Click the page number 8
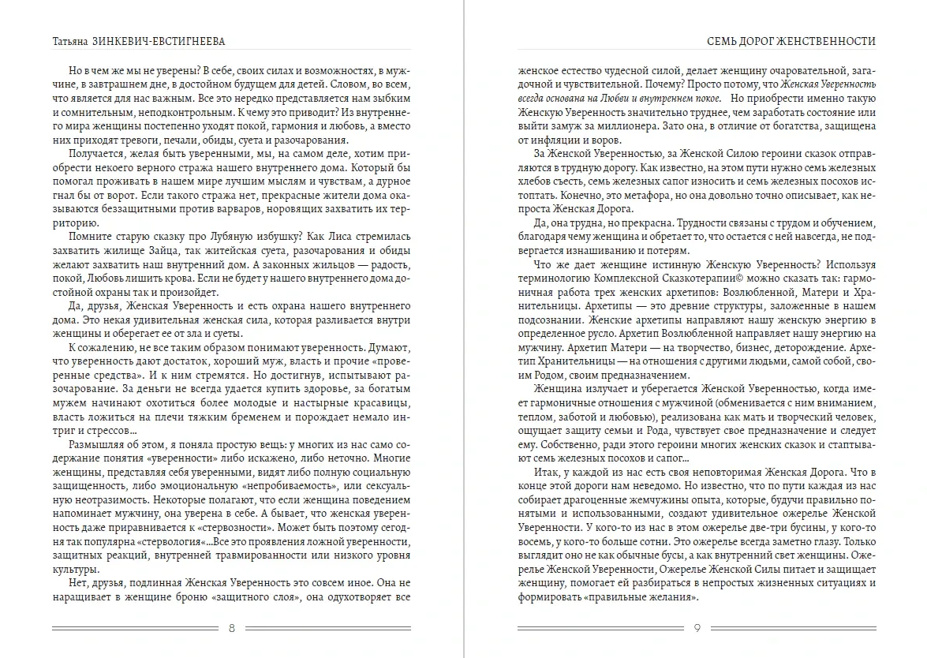[x=230, y=629]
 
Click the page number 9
[x=697, y=629]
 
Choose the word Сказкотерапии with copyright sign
[x=720, y=279]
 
